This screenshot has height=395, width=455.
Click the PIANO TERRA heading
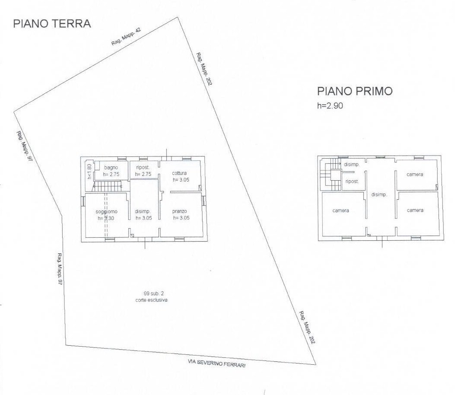(52, 23)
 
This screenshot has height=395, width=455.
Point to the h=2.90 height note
(330, 105)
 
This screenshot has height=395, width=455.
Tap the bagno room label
(111, 167)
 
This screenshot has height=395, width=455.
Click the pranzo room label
(179, 211)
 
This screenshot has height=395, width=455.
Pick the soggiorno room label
(106, 211)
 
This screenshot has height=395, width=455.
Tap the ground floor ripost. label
(143, 167)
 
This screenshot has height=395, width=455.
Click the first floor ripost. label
(352, 182)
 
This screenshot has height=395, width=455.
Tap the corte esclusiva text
(151, 299)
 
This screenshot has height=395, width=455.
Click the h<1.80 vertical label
(89, 172)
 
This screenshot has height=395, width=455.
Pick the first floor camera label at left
(341, 210)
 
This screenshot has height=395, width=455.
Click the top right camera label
(415, 174)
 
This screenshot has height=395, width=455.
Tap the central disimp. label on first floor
(379, 194)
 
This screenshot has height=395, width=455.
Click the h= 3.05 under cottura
(181, 180)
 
